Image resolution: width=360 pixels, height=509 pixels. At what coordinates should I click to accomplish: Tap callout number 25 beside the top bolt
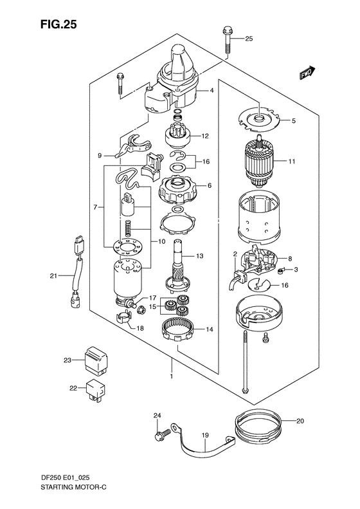(x=249, y=39)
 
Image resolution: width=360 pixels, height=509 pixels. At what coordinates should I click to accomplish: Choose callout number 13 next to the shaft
(x=200, y=257)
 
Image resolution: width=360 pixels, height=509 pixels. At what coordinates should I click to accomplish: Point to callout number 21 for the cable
(x=54, y=276)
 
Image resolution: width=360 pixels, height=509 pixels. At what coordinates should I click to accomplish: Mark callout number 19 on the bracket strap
(x=206, y=436)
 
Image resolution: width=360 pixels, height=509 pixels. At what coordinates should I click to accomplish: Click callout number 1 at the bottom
(x=171, y=375)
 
